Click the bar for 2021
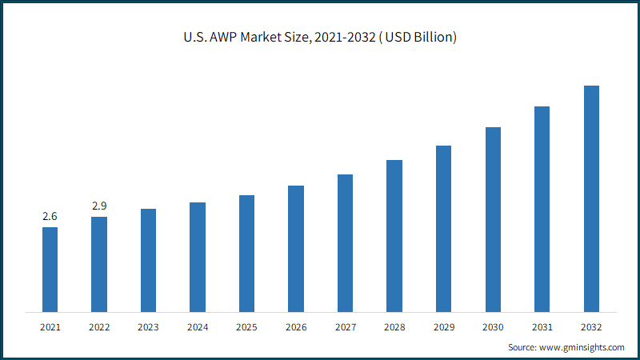[50, 270]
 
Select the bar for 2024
[198, 257]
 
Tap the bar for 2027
[346, 243]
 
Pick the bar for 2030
[493, 219]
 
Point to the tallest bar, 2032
[591, 198]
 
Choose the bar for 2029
[444, 229]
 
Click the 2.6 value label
[50, 216]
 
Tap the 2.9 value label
[99, 206]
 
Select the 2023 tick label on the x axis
[148, 327]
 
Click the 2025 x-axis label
[246, 327]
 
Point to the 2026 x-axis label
[296, 327]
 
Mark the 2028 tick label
[394, 327]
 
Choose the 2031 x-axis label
[542, 327]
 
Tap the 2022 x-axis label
[99, 327]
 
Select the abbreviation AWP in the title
[223, 37]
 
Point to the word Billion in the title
[435, 37]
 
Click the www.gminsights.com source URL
[582, 347]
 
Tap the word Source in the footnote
[522, 347]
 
